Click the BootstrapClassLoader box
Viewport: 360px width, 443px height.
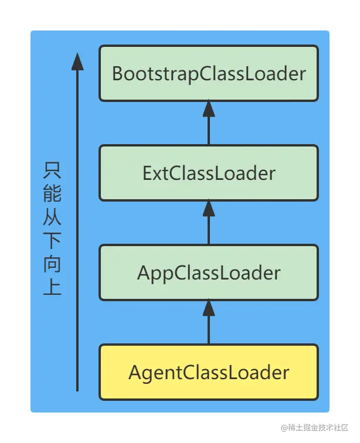pyautogui.click(x=209, y=73)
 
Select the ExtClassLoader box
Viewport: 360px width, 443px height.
pyautogui.click(x=209, y=173)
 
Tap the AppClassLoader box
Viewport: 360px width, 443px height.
pyautogui.click(x=209, y=272)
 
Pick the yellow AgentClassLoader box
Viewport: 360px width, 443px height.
pyautogui.click(x=209, y=372)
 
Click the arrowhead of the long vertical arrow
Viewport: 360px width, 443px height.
pyautogui.click(x=77, y=61)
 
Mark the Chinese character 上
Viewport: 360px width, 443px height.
pyautogui.click(x=52, y=287)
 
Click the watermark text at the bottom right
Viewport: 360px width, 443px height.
pyautogui.click(x=314, y=427)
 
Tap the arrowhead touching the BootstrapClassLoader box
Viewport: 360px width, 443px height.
pyautogui.click(x=209, y=109)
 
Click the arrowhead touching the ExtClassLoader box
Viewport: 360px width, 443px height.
pyautogui.click(x=209, y=209)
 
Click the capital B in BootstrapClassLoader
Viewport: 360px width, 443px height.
pyautogui.click(x=117, y=74)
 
